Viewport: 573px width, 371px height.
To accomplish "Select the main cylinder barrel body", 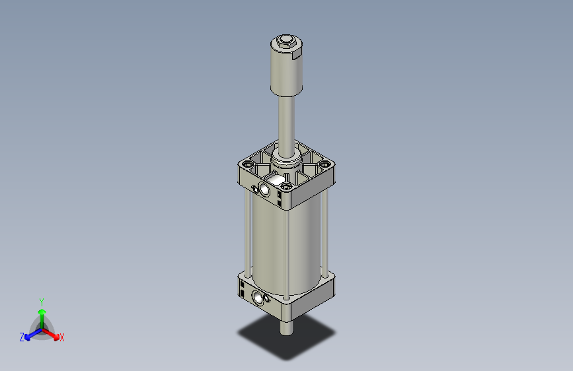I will (286, 244).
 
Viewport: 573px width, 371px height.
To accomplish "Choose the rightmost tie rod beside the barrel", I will (325, 231).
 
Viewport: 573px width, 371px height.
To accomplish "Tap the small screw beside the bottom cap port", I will (268, 301).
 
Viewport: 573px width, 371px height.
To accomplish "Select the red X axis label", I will (62, 338).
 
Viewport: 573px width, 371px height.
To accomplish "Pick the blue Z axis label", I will (22, 337).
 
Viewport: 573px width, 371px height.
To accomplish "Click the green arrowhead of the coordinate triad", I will (42, 310).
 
